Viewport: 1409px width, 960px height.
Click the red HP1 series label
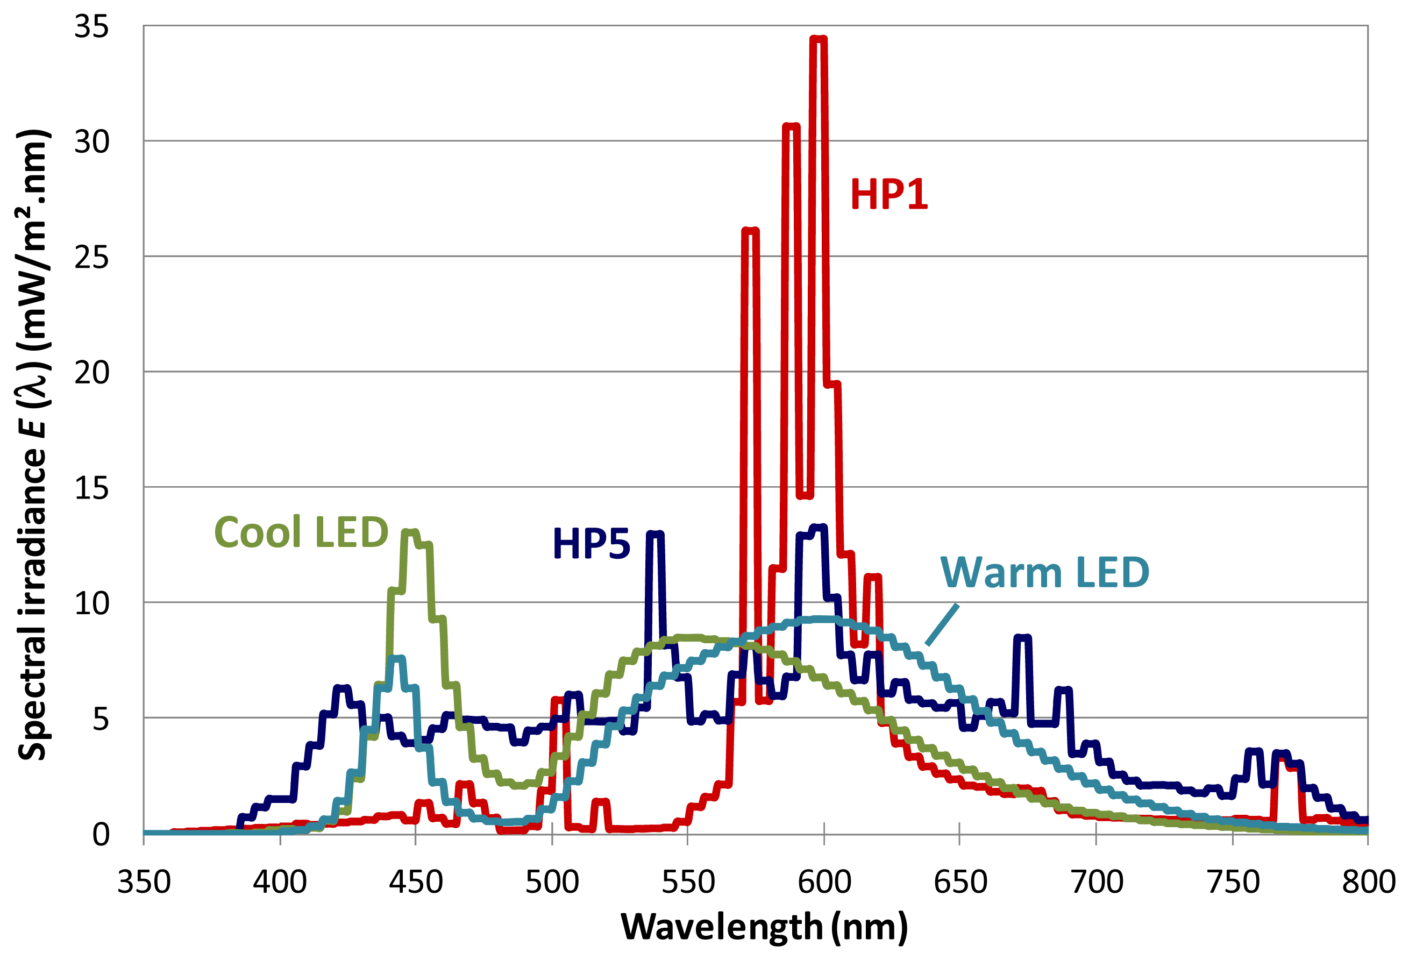[889, 195]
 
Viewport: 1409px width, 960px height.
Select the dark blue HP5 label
[591, 543]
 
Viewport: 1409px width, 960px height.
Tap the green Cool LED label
[301, 532]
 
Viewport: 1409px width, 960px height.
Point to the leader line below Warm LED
[942, 624]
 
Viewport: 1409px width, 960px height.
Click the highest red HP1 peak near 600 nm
[819, 40]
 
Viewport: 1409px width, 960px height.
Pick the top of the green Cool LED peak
[411, 532]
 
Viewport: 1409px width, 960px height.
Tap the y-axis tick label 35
[91, 27]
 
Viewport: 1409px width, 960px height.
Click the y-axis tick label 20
[91, 372]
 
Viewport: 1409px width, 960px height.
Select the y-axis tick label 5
[101, 719]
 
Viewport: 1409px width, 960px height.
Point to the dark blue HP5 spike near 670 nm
[1022, 637]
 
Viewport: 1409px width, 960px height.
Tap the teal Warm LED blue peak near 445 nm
[398, 658]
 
